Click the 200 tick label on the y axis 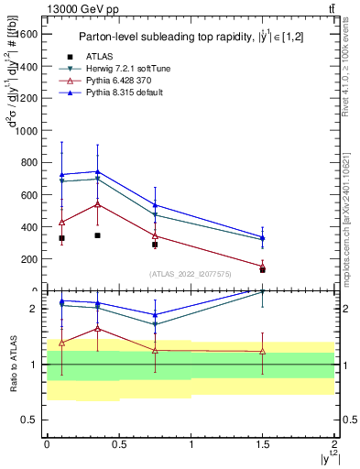[x=30, y=259]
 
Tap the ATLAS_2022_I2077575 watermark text [x=191, y=274]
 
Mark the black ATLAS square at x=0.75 [x=155, y=245]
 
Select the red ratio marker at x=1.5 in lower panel [x=263, y=351]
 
